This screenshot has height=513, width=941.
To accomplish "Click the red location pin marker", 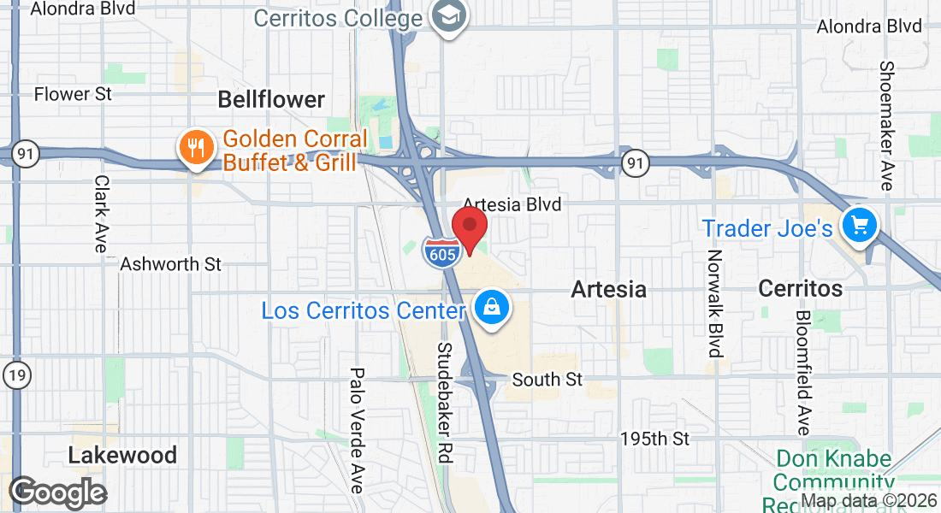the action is click(469, 227).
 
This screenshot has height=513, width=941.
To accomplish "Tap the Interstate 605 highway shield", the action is click(442, 251).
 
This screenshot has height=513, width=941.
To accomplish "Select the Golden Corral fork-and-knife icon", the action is click(196, 148).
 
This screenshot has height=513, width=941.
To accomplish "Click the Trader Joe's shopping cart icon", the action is click(859, 226).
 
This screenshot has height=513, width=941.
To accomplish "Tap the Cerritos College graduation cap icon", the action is click(446, 16).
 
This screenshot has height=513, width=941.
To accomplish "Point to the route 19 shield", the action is click(15, 374).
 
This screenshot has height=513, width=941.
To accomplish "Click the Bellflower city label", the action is click(271, 99).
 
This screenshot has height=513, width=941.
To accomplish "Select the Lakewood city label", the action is click(122, 455).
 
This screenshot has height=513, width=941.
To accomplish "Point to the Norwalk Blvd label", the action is click(715, 303).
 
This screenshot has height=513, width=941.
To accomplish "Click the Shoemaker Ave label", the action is click(886, 126).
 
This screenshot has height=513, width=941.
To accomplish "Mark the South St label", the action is click(547, 379).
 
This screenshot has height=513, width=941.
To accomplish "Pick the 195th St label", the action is click(654, 439).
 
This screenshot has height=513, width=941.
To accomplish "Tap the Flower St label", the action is click(73, 94).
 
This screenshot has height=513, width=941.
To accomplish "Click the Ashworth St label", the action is click(170, 264).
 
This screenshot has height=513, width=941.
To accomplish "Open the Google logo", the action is click(57, 492).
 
